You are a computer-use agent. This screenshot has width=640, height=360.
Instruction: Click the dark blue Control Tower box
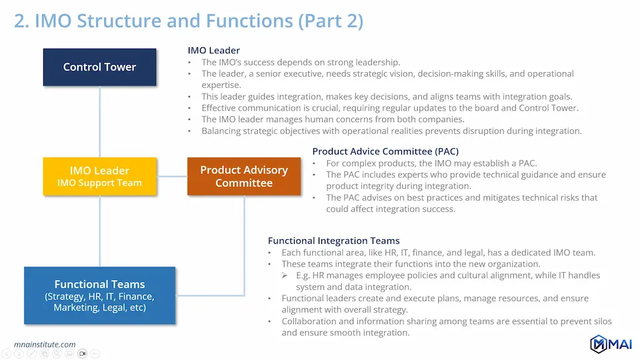pyautogui.click(x=99, y=67)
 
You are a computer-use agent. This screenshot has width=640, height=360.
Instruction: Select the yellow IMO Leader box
pyautogui.click(x=99, y=176)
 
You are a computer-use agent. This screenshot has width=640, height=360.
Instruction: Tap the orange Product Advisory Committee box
pyautogui.click(x=244, y=176)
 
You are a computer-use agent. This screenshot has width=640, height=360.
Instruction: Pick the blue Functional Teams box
pyautogui.click(x=99, y=295)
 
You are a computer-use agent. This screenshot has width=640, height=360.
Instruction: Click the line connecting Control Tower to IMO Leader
pyautogui.click(x=99, y=121)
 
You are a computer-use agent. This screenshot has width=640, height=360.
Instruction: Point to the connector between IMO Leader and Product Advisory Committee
pyautogui.click(x=172, y=176)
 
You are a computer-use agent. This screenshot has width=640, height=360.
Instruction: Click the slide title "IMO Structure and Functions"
pyautogui.click(x=164, y=21)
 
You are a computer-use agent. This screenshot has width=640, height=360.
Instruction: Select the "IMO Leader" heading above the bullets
pyautogui.click(x=213, y=50)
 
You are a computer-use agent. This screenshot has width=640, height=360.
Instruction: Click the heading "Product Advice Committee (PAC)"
pyautogui.click(x=385, y=151)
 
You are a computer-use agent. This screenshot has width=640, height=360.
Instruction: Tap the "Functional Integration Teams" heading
pyautogui.click(x=333, y=241)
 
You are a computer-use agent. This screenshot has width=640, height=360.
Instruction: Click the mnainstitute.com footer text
pyautogui.click(x=45, y=345)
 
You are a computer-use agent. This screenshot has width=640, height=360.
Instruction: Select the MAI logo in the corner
pyautogui.click(x=611, y=344)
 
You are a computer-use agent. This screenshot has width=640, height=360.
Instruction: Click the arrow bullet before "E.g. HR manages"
pyautogui.click(x=285, y=275)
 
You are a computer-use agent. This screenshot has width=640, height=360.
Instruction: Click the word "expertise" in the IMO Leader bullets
pyautogui.click(x=221, y=85)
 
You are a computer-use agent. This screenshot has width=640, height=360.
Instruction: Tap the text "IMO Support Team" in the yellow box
pyautogui.click(x=99, y=183)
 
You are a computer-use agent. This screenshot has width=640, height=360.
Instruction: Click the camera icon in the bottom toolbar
pyautogui.click(x=83, y=353)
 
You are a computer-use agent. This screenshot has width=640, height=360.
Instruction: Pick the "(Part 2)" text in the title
pyautogui.click(x=331, y=21)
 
